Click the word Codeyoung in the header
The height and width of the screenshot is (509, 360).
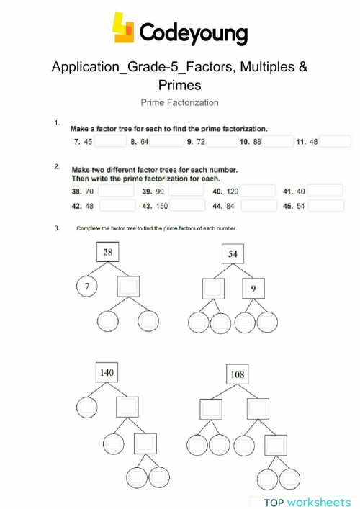(x=192, y=32)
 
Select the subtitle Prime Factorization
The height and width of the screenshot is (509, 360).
(x=180, y=102)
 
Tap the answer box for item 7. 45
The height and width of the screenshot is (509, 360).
(x=110, y=142)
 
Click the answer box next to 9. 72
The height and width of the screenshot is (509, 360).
(x=223, y=142)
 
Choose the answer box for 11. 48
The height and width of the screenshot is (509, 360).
(x=335, y=142)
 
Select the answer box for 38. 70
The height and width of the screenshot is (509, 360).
(x=115, y=192)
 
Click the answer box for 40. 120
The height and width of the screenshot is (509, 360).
(x=258, y=192)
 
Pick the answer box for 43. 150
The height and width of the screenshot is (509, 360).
(x=187, y=206)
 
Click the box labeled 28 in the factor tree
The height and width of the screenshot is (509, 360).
(x=107, y=252)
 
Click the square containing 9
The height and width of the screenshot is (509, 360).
(x=254, y=288)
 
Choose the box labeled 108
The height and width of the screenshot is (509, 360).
(x=237, y=374)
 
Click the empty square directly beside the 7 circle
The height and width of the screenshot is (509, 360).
(x=128, y=288)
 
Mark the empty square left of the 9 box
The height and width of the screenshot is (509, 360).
(x=214, y=288)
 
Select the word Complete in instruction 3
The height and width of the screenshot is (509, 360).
(x=89, y=229)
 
